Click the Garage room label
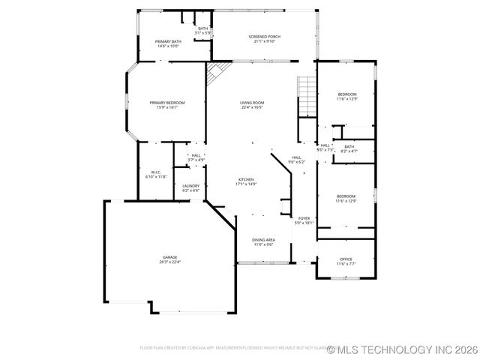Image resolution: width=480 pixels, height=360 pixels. (169, 257)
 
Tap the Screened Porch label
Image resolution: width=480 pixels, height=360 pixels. (264, 36)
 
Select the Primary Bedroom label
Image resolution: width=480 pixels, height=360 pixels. (166, 103)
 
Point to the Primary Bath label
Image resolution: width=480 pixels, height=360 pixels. (168, 41)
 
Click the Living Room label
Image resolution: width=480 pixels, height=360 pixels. (252, 103)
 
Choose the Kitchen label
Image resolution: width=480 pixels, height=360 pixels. (247, 179)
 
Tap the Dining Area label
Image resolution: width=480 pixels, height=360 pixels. (263, 240)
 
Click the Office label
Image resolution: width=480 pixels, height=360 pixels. (346, 259)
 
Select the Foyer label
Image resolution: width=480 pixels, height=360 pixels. (304, 218)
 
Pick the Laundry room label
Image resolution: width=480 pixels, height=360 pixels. (190, 186)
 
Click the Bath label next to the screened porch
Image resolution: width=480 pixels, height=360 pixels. (203, 28)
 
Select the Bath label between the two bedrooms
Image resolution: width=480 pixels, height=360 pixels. (349, 147)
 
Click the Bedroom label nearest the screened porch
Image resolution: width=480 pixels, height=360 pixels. (346, 94)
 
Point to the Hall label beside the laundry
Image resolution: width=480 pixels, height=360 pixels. (196, 155)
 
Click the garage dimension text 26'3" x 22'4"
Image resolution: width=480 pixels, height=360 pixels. (169, 262)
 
